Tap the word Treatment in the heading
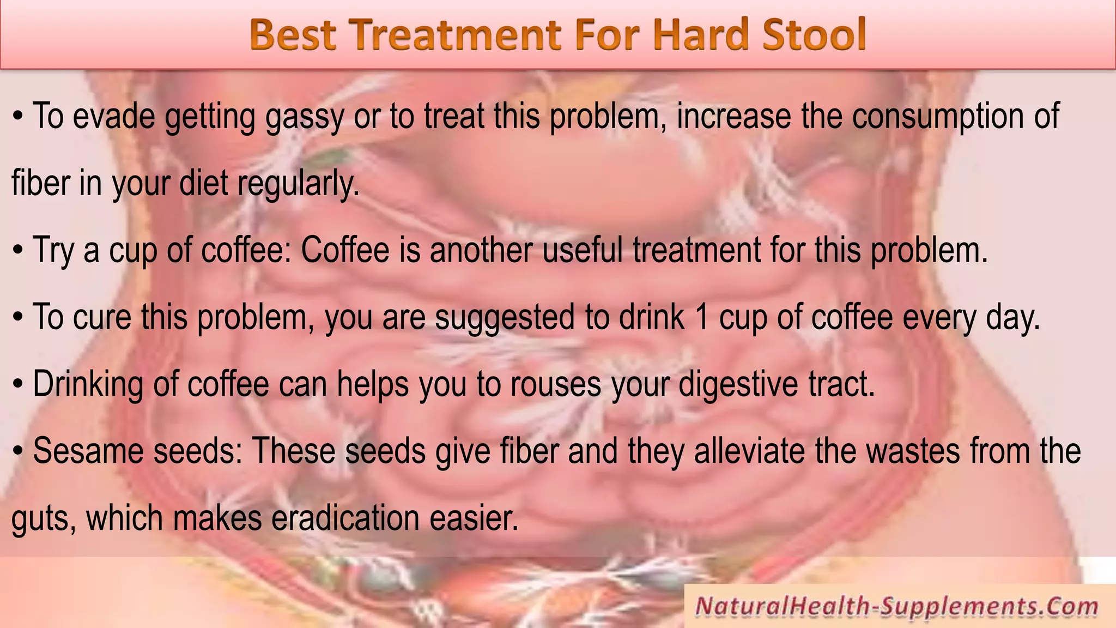coord(458,35)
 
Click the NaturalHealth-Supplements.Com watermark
coord(896,607)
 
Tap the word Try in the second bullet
coord(53,251)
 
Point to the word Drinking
coord(88,384)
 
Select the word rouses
coord(555,384)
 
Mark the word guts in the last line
coord(43,519)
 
